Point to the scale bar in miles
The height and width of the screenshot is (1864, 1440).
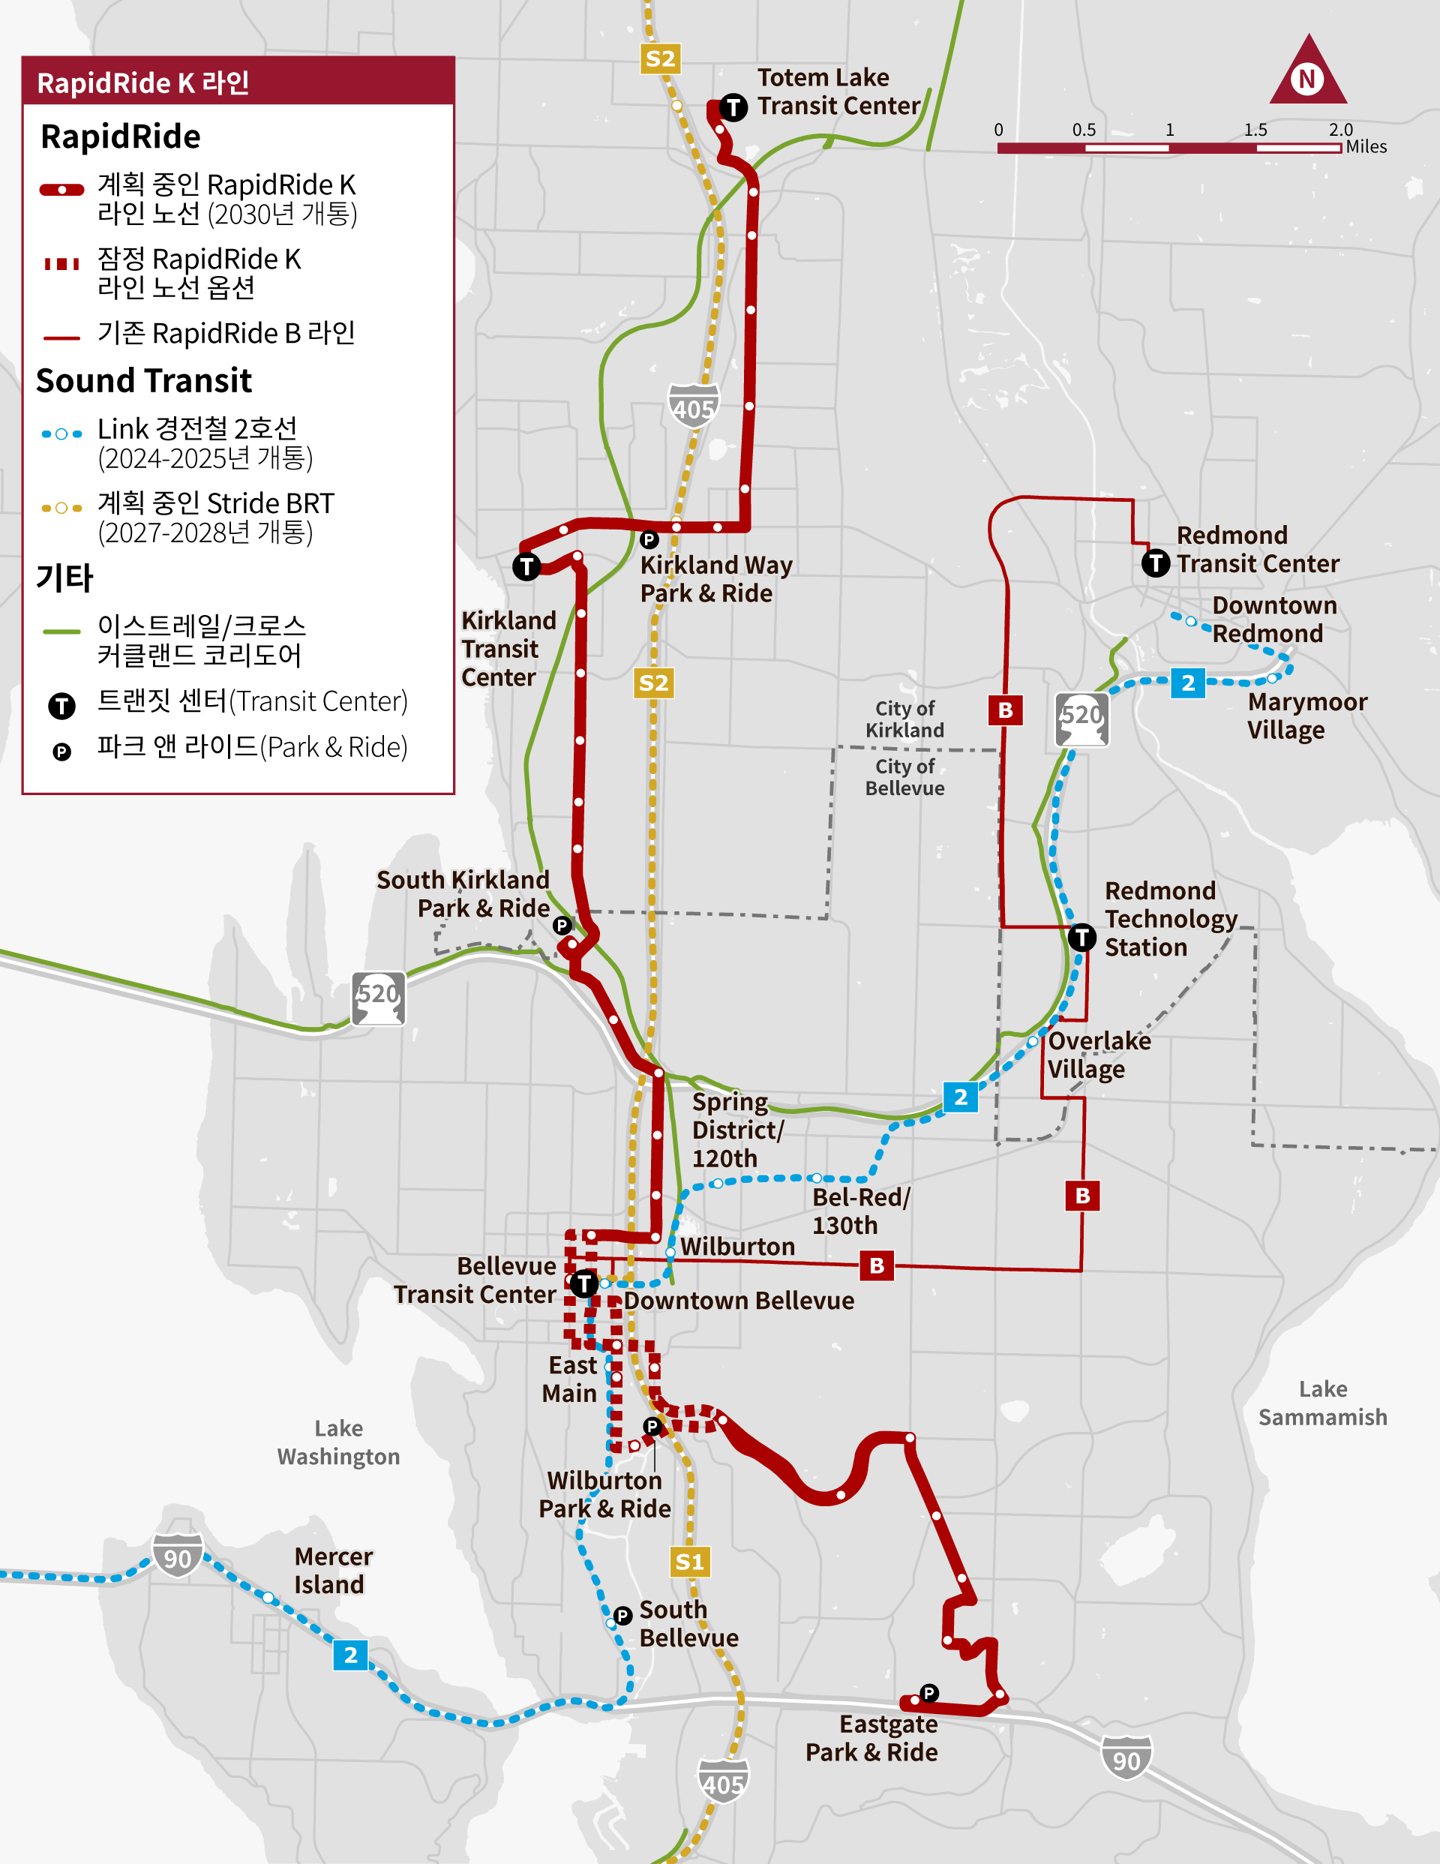(x=1168, y=148)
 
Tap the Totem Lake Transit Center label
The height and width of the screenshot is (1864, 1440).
(x=838, y=92)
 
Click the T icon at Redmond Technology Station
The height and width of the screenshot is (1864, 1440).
(x=1081, y=937)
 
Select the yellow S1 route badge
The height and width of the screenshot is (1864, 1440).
(x=688, y=1562)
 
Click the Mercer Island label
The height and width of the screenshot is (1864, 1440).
(x=333, y=1571)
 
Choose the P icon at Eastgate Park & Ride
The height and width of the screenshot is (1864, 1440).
(x=928, y=1692)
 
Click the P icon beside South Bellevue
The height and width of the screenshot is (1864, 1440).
(x=622, y=1615)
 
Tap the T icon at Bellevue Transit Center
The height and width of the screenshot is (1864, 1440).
(x=583, y=1283)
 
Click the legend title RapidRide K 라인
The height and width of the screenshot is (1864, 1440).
(x=143, y=83)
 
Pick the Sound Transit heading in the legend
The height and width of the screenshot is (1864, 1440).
(x=143, y=380)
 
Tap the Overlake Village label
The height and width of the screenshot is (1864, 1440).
(x=1099, y=1055)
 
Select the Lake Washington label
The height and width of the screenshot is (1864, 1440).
(x=338, y=1442)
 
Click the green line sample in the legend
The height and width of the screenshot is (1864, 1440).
(x=61, y=632)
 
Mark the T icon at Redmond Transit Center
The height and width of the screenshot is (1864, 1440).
(x=1155, y=563)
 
